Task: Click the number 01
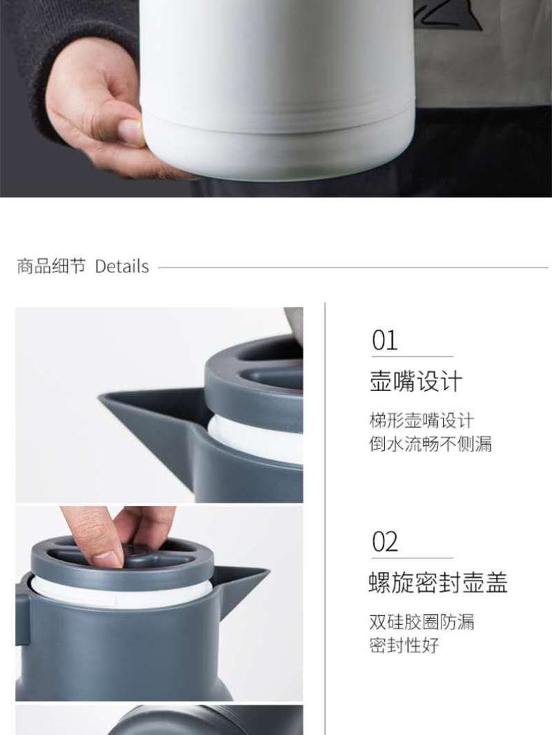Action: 384,341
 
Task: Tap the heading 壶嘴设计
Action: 416,381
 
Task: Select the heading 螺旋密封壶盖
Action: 439,582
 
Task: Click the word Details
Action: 122,266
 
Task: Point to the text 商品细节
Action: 52,265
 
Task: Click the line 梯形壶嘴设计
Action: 422,420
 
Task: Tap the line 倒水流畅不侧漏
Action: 431,443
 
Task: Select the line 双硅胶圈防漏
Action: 422,621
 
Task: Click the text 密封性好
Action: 404,645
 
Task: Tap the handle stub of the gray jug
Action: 22,614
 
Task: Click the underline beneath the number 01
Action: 412,356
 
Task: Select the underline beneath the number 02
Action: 412,557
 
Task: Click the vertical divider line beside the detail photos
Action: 325,518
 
